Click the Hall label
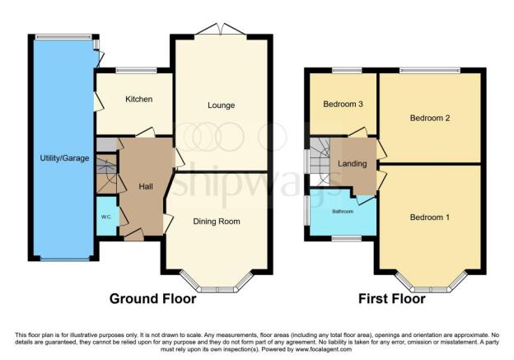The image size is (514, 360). (146, 187)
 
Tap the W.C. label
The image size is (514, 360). (106, 217)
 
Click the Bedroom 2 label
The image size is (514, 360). (429, 118)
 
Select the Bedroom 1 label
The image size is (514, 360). (429, 217)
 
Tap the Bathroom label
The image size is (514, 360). (343, 211)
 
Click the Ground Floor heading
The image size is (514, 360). (153, 299)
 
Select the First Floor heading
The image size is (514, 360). (391, 299)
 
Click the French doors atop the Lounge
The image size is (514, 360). (221, 31)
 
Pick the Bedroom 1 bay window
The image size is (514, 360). (430, 286)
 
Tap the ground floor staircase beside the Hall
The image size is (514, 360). (106, 174)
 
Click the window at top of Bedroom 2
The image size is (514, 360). (430, 70)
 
